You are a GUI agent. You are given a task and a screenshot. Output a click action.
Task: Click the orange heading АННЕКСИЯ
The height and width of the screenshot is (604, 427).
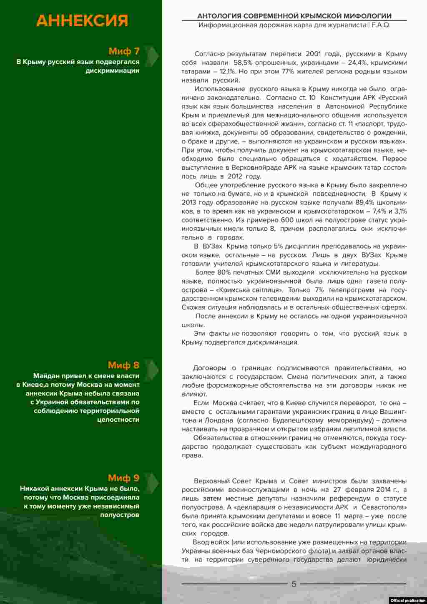tap(82, 20)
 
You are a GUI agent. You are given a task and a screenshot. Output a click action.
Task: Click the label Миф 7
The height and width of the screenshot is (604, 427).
tap(124, 51)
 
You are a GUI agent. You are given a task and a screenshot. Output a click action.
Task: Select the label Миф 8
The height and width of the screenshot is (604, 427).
tap(123, 365)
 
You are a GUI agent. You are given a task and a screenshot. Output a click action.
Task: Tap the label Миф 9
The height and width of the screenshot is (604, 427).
tap(123, 478)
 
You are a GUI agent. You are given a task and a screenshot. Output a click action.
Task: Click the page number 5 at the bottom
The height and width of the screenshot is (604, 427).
tap(294, 584)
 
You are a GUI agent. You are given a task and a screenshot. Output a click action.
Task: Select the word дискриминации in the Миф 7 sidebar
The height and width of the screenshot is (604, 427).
tap(112, 70)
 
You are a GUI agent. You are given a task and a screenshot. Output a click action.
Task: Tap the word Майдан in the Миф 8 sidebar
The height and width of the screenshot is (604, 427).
tap(47, 376)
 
